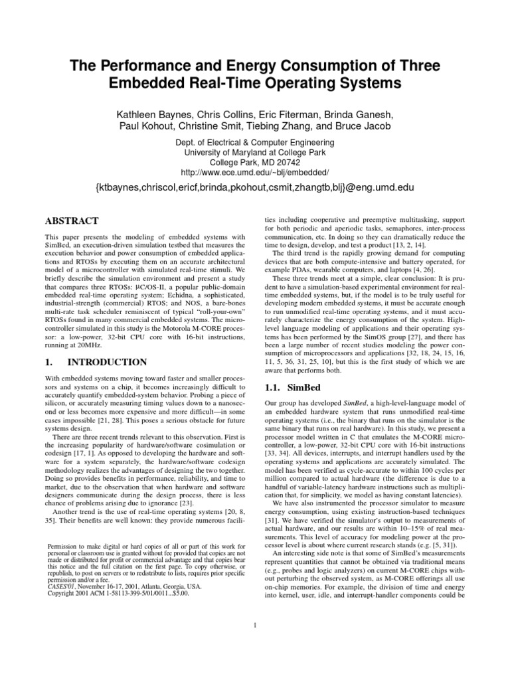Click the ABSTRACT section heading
(72, 220)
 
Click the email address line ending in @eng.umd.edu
(254, 189)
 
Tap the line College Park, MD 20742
(254, 161)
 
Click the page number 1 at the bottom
(255, 624)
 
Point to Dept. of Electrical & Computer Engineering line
(254, 143)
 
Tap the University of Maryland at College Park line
(254, 152)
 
